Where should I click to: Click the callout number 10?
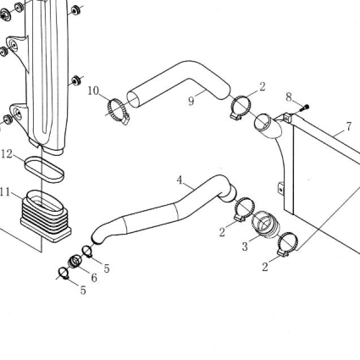click(93, 91)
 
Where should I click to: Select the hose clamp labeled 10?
click(118, 112)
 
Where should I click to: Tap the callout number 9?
click(191, 101)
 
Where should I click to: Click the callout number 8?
click(289, 97)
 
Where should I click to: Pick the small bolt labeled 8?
click(304, 108)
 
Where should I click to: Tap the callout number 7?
click(349, 126)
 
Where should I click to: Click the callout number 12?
click(7, 154)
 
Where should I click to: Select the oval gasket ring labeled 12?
click(44, 169)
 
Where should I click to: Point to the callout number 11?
click(5, 192)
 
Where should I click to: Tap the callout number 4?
click(180, 180)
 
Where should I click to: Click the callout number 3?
click(245, 246)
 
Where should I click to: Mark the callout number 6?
click(94, 278)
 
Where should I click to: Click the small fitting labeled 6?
click(75, 261)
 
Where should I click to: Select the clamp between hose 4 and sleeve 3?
click(245, 209)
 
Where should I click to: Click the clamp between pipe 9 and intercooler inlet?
click(241, 107)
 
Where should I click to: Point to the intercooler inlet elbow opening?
click(263, 121)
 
